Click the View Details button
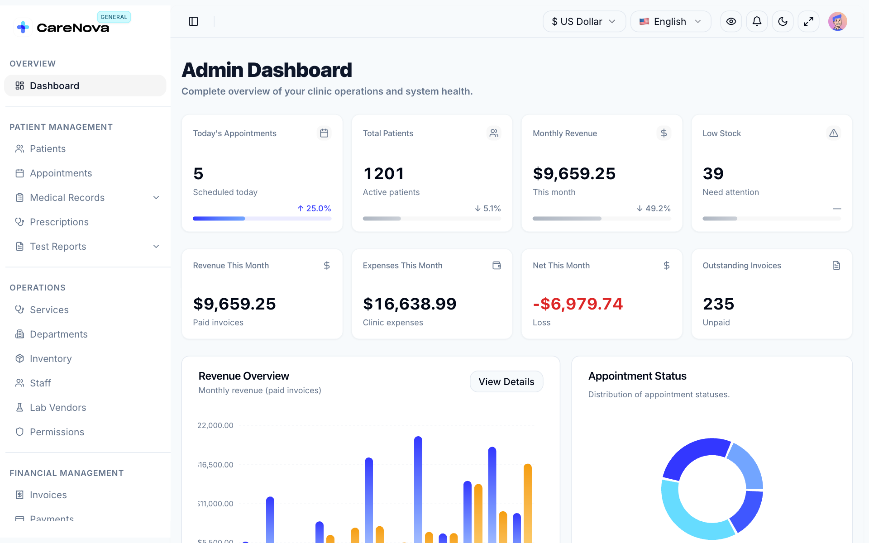tap(506, 381)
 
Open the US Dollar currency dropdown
tap(584, 21)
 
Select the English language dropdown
tap(670, 21)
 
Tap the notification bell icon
tap(757, 21)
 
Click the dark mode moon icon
tap(783, 21)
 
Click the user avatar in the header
tap(838, 21)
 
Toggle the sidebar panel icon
tap(193, 21)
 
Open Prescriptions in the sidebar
tap(59, 222)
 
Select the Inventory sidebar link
tap(51, 359)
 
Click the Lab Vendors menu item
tap(58, 408)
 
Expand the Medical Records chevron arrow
tap(156, 198)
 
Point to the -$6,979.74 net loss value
tap(578, 304)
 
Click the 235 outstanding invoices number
tap(718, 304)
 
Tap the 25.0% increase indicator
tap(314, 209)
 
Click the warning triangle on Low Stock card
tap(834, 133)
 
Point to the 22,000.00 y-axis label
tap(215, 425)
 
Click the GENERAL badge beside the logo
tap(114, 17)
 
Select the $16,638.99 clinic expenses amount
tap(410, 304)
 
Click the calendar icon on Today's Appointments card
tap(324, 133)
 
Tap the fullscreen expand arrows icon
tap(808, 21)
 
